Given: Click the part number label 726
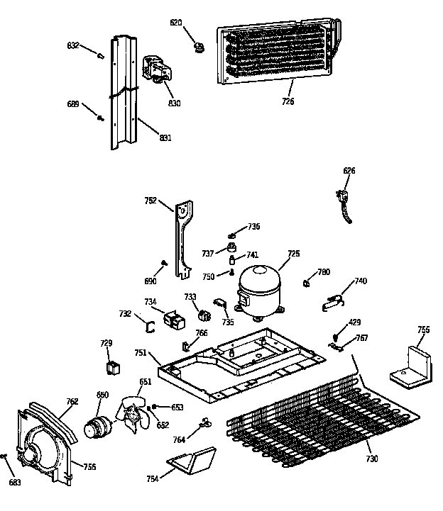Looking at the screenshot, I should point(287,102).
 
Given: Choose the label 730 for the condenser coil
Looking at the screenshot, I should point(371,459).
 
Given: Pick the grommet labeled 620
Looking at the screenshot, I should point(199,47).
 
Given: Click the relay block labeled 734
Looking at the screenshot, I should point(173,320).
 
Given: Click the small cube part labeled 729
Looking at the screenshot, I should point(111,366).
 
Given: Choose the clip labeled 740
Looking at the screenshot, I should point(332,299).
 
